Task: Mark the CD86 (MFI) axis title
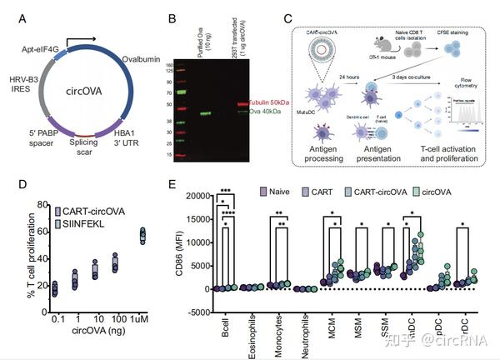(x=179, y=245)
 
